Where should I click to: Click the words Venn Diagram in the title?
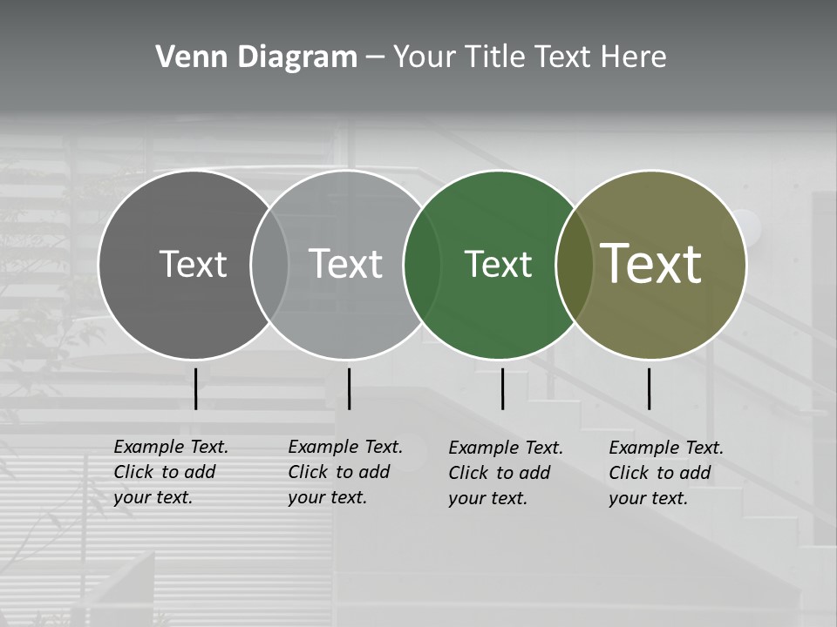[256, 57]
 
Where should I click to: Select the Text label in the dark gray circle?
[193, 264]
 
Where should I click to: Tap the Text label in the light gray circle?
[346, 264]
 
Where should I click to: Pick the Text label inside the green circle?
[498, 264]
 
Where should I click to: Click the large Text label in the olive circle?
[651, 264]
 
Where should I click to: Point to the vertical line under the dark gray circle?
[196, 388]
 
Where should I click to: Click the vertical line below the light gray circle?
[349, 388]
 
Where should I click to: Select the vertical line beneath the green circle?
[502, 388]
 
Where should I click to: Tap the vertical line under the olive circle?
[650, 388]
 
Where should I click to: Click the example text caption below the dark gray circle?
[171, 472]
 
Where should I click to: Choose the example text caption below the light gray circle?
[345, 472]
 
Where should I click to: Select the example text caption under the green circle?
[506, 473]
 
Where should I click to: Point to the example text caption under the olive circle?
[666, 473]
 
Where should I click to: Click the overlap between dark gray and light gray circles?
[269, 264]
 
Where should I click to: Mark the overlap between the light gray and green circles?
[422, 264]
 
